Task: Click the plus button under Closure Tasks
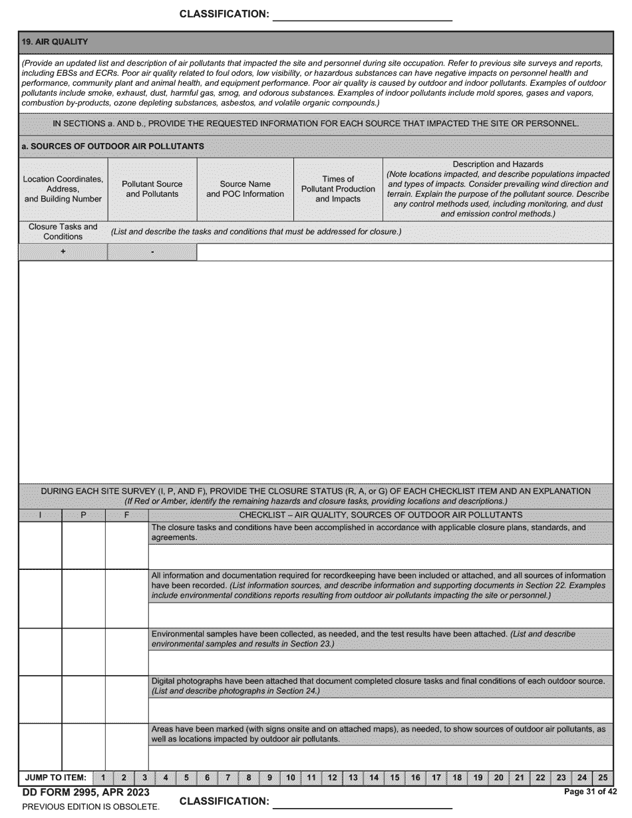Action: pyautogui.click(x=63, y=252)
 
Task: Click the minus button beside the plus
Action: pyautogui.click(x=152, y=252)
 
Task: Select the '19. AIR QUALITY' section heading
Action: pyautogui.click(x=55, y=42)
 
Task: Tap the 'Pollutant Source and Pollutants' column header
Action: pyautogui.click(x=152, y=189)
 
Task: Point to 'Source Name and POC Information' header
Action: pyautogui.click(x=245, y=189)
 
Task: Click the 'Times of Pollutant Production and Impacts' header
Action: pyautogui.click(x=338, y=189)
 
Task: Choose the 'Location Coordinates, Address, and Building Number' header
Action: pyautogui.click(x=63, y=189)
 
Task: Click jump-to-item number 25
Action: pyautogui.click(x=603, y=777)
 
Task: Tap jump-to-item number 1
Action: pyautogui.click(x=103, y=777)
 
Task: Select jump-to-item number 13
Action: pyautogui.click(x=353, y=777)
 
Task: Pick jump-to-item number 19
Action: pyautogui.click(x=478, y=777)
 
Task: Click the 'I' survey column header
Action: pyautogui.click(x=40, y=515)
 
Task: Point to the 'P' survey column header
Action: pyautogui.click(x=83, y=515)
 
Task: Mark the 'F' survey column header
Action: pyautogui.click(x=126, y=515)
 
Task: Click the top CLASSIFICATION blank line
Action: pyautogui.click(x=363, y=15)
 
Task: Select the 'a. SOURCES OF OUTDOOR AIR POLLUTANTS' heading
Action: pyautogui.click(x=112, y=146)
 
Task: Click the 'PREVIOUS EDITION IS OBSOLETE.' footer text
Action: pyautogui.click(x=90, y=807)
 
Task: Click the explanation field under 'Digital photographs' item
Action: pyautogui.click(x=380, y=710)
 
